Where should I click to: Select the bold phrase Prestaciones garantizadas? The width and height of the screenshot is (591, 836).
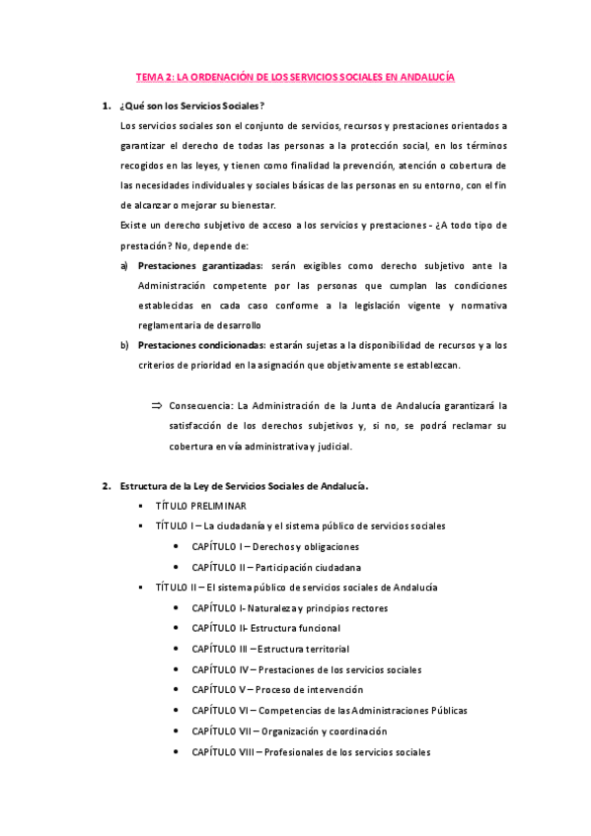point(200,265)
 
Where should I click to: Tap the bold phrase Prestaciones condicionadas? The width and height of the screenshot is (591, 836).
point(202,345)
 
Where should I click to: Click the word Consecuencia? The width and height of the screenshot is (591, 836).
point(202,405)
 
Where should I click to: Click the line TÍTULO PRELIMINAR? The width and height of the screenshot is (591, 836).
point(199,506)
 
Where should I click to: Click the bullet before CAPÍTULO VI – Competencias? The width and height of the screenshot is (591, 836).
point(175,711)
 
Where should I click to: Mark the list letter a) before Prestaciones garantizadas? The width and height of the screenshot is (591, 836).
point(124,265)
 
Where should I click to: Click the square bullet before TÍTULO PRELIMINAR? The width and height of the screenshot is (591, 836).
point(142,506)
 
